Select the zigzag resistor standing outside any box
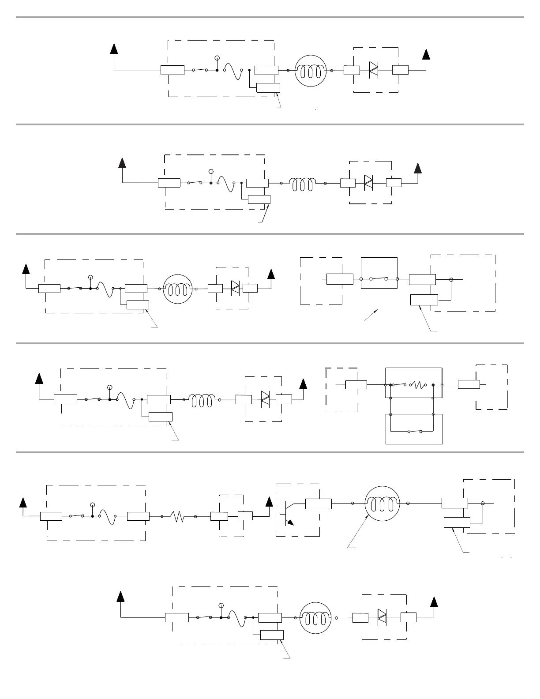(x=178, y=516)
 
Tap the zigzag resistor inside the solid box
(x=417, y=385)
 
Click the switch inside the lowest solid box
(x=414, y=432)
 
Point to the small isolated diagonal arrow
(x=371, y=315)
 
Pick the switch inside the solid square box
(x=379, y=278)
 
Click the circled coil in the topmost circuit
(x=311, y=70)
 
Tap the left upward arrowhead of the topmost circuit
(x=114, y=49)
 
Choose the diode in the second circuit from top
(x=368, y=182)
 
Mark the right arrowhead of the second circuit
(x=417, y=168)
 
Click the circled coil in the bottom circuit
(x=315, y=617)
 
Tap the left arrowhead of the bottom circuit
(x=120, y=597)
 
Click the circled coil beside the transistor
(x=382, y=503)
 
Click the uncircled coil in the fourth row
(x=202, y=400)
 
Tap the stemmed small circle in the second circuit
(x=211, y=171)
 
